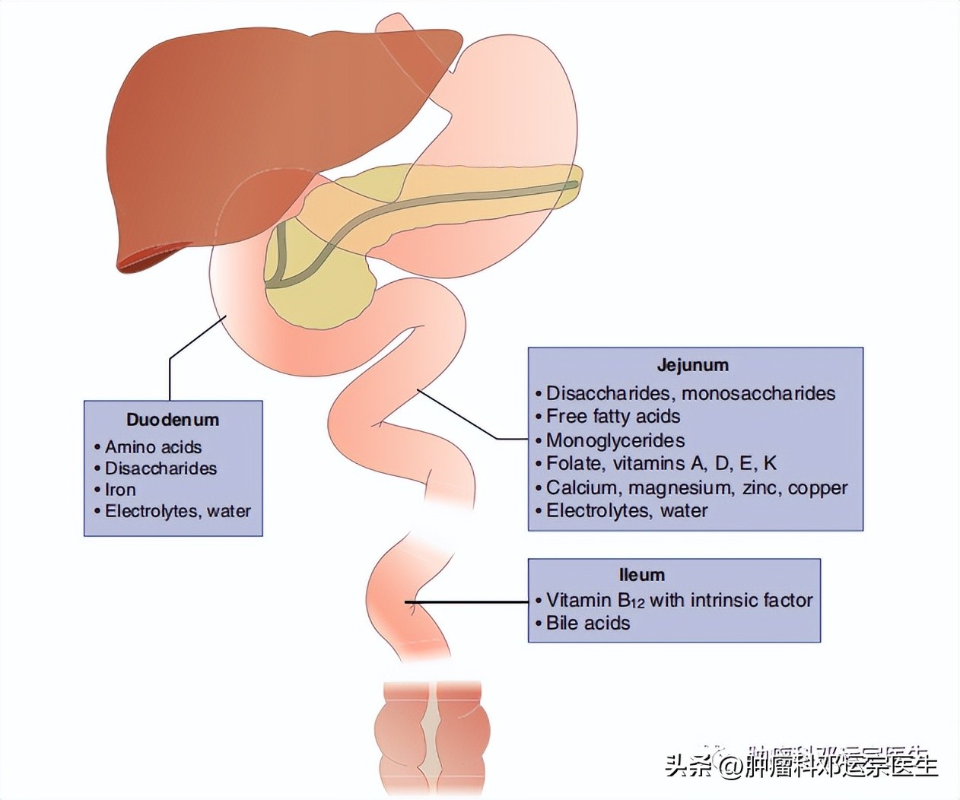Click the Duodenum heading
point(173,420)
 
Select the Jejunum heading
point(692,365)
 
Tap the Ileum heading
point(641,575)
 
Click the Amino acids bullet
point(153,447)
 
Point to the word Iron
point(120,490)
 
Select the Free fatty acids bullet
point(613,417)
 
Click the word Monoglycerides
point(615,440)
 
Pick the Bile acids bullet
point(588,624)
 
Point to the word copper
point(818,487)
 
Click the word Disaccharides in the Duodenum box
point(161,468)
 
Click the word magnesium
point(682,487)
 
